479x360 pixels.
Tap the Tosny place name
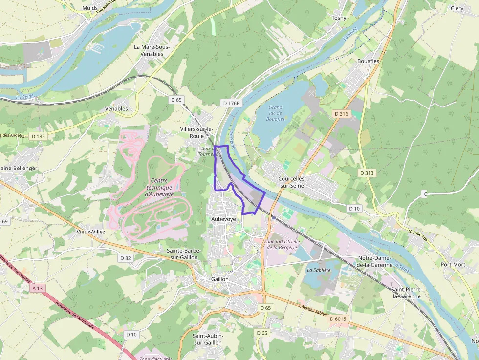click(x=339, y=18)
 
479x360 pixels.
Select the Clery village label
click(x=457, y=8)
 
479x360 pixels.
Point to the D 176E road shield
click(x=231, y=103)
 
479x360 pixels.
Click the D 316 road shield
click(x=341, y=113)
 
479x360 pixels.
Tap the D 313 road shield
click(x=367, y=173)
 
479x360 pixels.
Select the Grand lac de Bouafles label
click(x=275, y=113)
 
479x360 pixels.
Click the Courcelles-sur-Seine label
click(x=291, y=182)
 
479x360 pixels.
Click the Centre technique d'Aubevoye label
click(x=158, y=187)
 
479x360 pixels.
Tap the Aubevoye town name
click(x=223, y=219)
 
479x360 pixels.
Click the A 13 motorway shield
click(x=38, y=288)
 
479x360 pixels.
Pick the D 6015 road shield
click(x=338, y=319)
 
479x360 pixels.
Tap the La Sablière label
click(x=319, y=270)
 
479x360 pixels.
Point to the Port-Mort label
click(x=453, y=264)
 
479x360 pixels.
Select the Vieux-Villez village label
click(x=91, y=232)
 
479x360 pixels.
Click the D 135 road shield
click(x=37, y=136)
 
